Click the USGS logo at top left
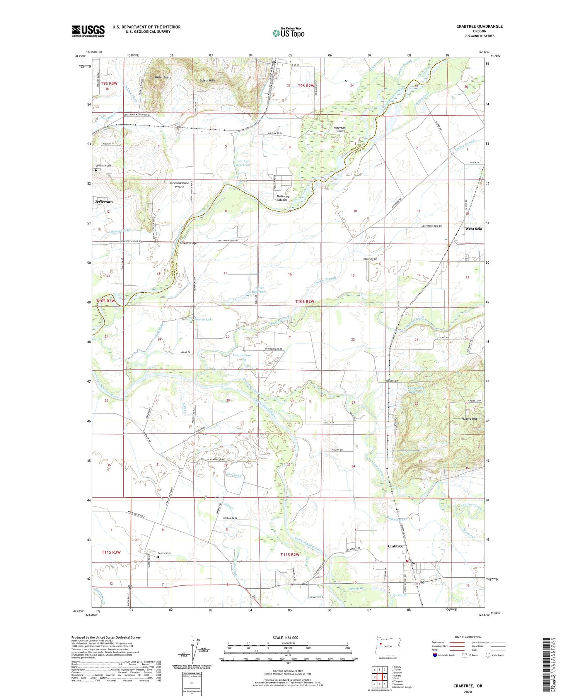click(88, 31)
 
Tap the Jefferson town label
click(104, 202)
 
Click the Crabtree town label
click(395, 546)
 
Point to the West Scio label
click(473, 229)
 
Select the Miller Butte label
click(163, 77)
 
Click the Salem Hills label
click(207, 80)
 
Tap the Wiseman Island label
click(339, 129)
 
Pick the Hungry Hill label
click(469, 419)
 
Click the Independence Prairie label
click(179, 185)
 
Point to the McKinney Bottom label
click(282, 198)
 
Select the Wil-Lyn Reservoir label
click(243, 163)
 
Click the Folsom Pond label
click(242, 355)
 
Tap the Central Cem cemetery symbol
click(158, 557)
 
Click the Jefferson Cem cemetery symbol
click(96, 169)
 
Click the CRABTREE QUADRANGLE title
click(479, 26)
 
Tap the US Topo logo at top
click(288, 33)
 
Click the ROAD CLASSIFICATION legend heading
click(467, 637)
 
